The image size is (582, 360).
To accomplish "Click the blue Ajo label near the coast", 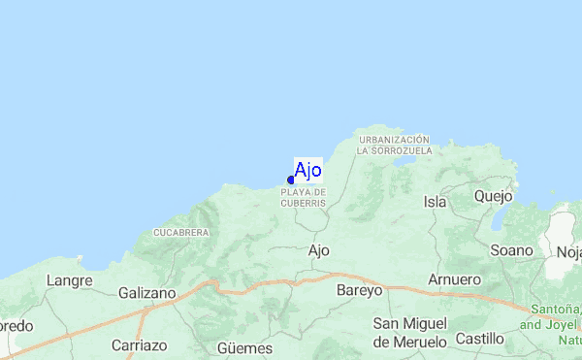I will pyautogui.click(x=307, y=171).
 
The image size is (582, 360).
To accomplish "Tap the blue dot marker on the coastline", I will pyautogui.click(x=291, y=180).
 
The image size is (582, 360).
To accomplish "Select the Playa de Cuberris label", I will pyautogui.click(x=304, y=198).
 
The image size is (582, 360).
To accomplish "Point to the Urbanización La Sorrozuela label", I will pyautogui.click(x=393, y=146).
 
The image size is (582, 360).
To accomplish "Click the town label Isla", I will pyautogui.click(x=436, y=202).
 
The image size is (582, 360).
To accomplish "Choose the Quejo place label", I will pyautogui.click(x=494, y=196).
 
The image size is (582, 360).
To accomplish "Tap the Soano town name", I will pyautogui.click(x=512, y=250).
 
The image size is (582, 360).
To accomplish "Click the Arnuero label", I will pyautogui.click(x=455, y=279).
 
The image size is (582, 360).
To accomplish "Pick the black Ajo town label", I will pyautogui.click(x=319, y=250).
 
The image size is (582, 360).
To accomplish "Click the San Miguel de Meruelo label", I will pyautogui.click(x=410, y=332).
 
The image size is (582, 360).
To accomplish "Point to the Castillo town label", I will pyautogui.click(x=480, y=339).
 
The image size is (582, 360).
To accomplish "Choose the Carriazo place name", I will pyautogui.click(x=140, y=345).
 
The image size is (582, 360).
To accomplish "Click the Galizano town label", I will pyautogui.click(x=147, y=292).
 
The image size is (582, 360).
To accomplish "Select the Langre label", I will pyautogui.click(x=69, y=281).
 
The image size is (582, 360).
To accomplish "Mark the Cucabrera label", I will pyautogui.click(x=181, y=233).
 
